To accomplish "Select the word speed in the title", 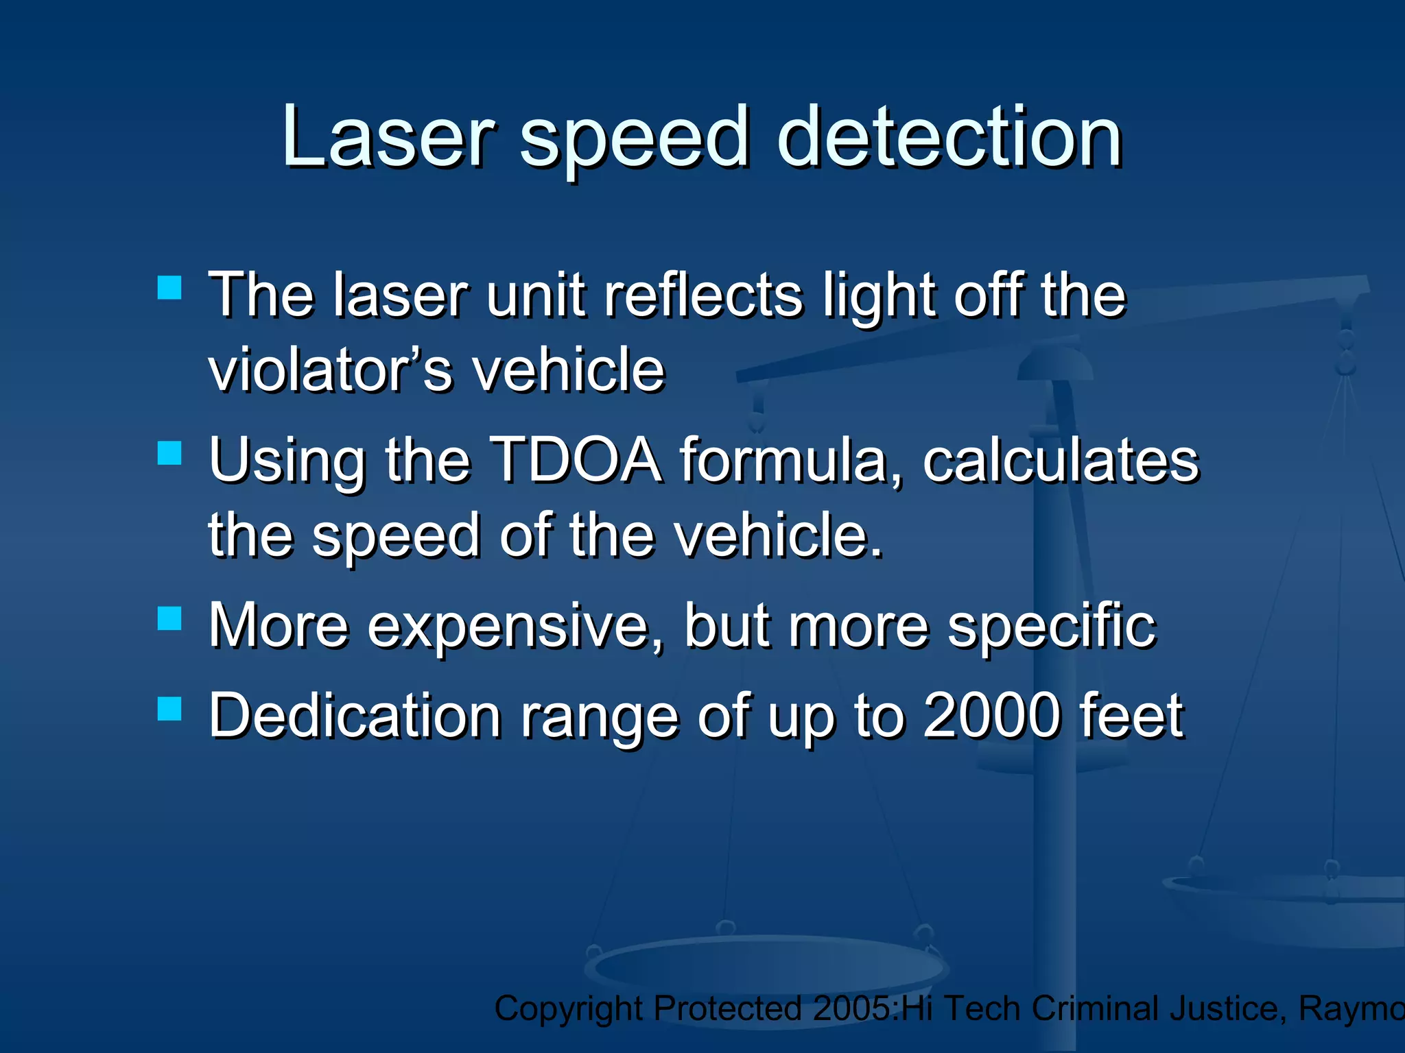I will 634,141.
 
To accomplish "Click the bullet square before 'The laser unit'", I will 169,288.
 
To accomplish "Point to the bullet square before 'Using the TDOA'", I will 169,453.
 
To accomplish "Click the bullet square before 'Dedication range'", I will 169,709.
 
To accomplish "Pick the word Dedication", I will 355,716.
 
